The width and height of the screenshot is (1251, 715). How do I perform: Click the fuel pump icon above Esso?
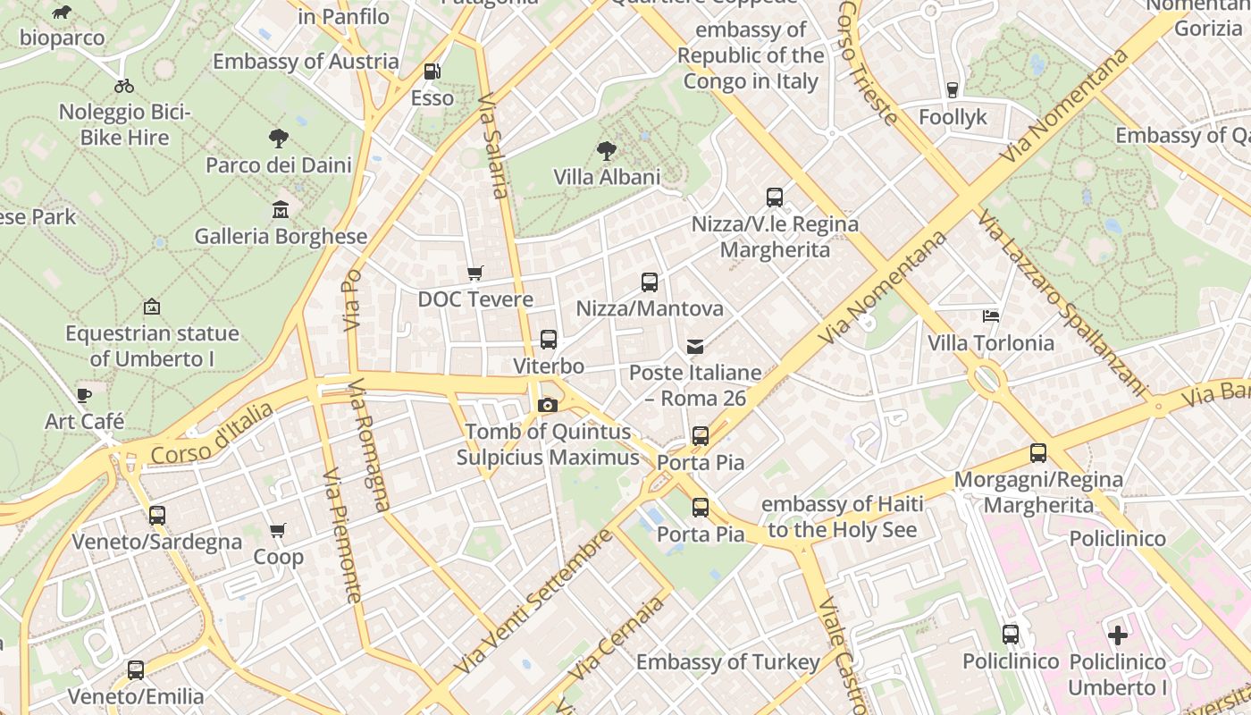pyautogui.click(x=432, y=71)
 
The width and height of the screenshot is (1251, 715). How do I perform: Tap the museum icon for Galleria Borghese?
pyautogui.click(x=281, y=210)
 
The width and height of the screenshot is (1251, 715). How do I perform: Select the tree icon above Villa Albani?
pyautogui.click(x=607, y=150)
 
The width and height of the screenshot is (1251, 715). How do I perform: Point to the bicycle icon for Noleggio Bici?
pyautogui.click(x=124, y=86)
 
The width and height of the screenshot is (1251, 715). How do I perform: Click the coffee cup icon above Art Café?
pyautogui.click(x=84, y=395)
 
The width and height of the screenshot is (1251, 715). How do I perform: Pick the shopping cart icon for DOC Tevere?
pyautogui.click(x=475, y=273)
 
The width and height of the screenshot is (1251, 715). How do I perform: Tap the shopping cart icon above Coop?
pyautogui.click(x=278, y=531)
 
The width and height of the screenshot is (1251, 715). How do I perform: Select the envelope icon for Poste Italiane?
pyautogui.click(x=695, y=347)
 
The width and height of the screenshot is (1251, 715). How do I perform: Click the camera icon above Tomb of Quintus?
pyautogui.click(x=548, y=406)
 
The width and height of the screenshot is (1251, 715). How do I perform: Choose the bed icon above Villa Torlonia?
pyautogui.click(x=990, y=316)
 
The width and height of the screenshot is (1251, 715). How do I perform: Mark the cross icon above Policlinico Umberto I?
pyautogui.click(x=1117, y=635)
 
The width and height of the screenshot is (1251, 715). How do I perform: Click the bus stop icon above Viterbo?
pyautogui.click(x=548, y=340)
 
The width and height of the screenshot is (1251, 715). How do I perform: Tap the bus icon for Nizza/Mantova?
pyautogui.click(x=650, y=282)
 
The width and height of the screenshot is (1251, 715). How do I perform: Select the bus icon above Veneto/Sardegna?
pyautogui.click(x=157, y=516)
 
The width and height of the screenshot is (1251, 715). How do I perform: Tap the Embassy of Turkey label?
pyautogui.click(x=727, y=662)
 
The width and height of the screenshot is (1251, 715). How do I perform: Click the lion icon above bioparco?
pyautogui.click(x=62, y=13)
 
